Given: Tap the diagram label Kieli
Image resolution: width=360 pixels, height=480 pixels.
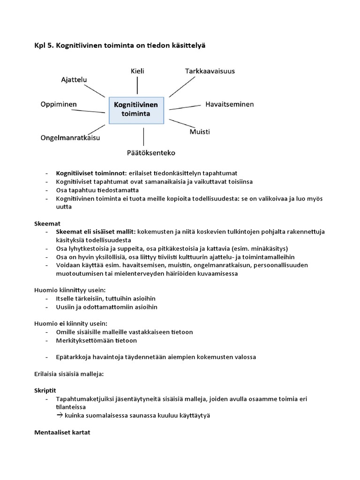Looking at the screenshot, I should point(137,71).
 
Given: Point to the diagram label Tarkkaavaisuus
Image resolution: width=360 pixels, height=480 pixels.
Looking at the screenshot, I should point(210,71).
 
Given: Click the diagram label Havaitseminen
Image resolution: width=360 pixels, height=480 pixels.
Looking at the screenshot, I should point(229,104).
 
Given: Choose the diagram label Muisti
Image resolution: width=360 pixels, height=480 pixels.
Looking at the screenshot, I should point(200,132).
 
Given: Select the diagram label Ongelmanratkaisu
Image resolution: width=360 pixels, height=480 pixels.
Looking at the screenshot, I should point(70,138).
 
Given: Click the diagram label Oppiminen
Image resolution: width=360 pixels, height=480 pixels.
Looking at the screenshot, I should point(59,104).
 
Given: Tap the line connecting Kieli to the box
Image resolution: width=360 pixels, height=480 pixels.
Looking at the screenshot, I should point(137,85).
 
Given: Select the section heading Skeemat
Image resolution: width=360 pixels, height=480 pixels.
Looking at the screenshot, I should point(48,223).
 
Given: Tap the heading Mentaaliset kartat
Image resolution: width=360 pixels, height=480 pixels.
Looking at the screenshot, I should point(62,432).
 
